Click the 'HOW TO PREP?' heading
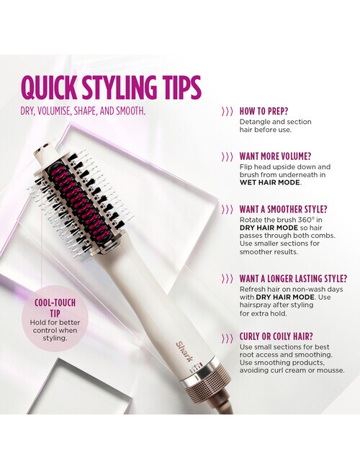click(x=264, y=112)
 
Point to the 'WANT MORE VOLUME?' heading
click(x=275, y=156)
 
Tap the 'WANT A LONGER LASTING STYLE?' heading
click(x=293, y=278)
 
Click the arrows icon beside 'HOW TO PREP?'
click(x=227, y=112)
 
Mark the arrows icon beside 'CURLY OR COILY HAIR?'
click(x=227, y=337)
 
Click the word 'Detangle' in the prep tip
click(x=254, y=122)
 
